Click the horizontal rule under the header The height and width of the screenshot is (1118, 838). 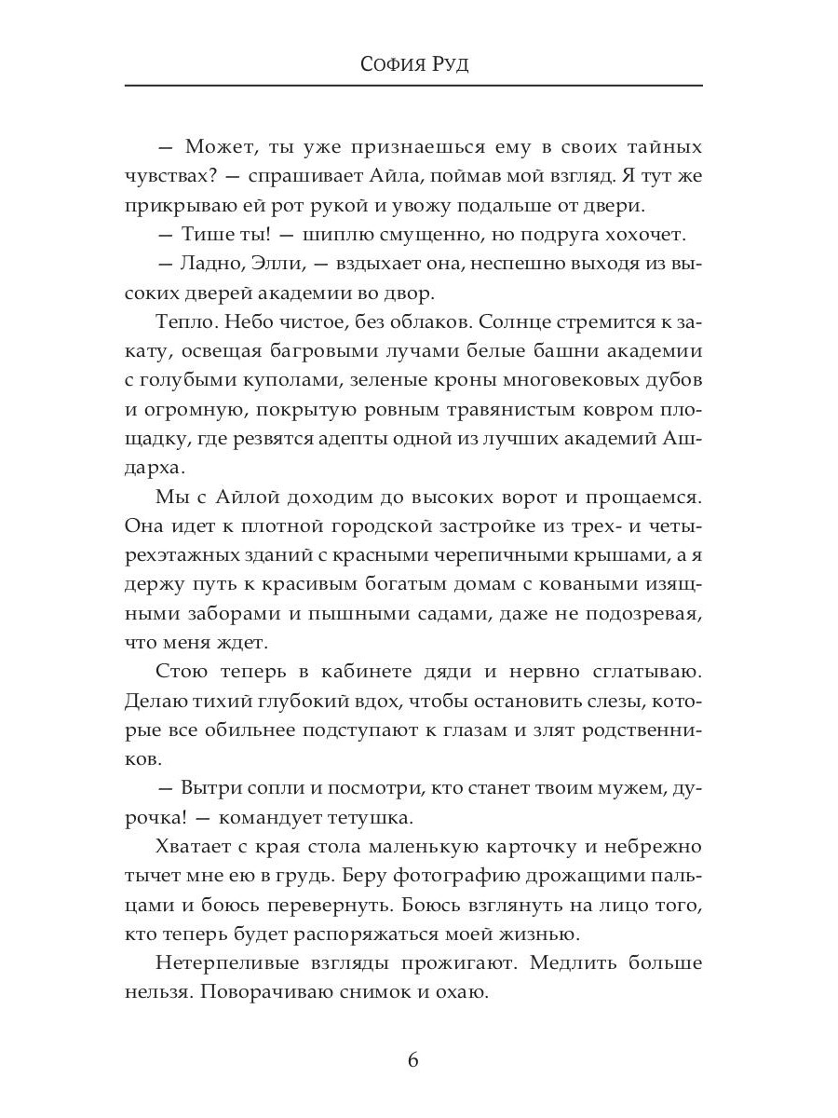click(413, 86)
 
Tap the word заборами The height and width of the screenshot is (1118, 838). click(213, 613)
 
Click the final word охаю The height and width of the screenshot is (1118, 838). click(461, 991)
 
